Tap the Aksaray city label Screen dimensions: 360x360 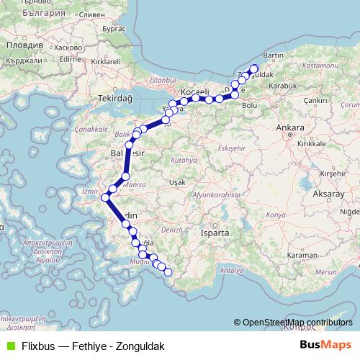tap(329, 194)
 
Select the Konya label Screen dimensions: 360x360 tap(276, 215)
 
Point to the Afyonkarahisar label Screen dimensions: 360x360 tap(215, 194)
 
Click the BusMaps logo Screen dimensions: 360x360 tap(325, 345)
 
